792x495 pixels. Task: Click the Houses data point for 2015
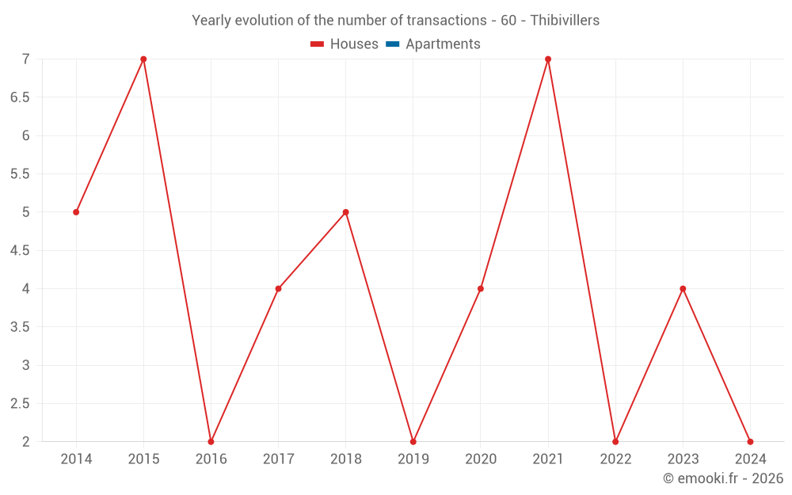point(143,59)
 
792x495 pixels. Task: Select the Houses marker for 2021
point(548,59)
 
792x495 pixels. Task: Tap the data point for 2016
point(211,441)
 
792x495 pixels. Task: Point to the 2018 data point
point(346,212)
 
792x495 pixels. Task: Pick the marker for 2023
point(683,288)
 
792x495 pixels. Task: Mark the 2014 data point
point(76,212)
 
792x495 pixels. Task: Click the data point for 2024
point(750,441)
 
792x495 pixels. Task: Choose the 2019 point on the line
point(413,441)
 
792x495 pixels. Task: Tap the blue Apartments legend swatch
point(392,44)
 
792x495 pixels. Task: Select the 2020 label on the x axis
point(481,459)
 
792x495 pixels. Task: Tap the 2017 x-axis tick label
point(279,459)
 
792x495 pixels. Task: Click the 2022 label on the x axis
point(615,459)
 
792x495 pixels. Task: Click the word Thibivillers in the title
point(564,21)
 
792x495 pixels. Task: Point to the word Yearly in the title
point(213,21)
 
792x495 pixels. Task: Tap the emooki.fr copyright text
point(723,478)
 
